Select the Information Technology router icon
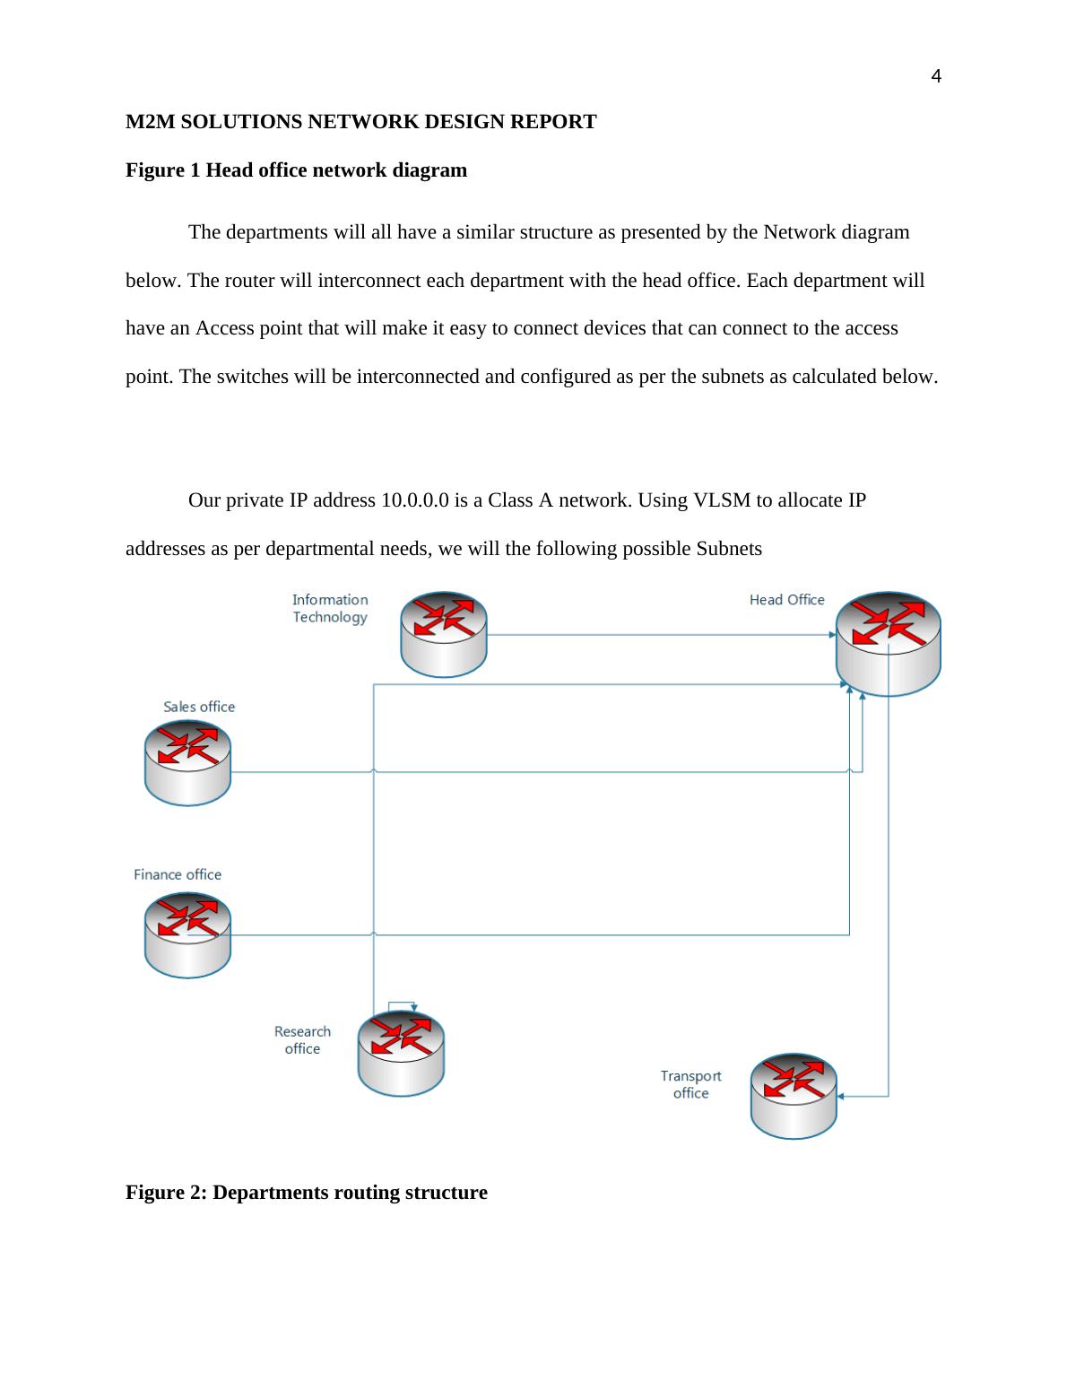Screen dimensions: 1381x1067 click(443, 633)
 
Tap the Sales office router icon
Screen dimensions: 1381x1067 click(187, 762)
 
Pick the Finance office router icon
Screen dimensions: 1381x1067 click(187, 934)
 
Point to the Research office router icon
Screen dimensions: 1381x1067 click(401, 1053)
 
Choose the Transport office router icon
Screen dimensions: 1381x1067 click(794, 1095)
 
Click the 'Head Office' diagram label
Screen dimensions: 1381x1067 click(786, 600)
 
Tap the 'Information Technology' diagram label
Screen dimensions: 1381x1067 click(330, 608)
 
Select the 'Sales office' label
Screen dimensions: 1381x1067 click(199, 707)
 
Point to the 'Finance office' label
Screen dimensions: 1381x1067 click(178, 874)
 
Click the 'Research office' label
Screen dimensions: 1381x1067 click(302, 1040)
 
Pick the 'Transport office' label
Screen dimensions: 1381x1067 click(690, 1084)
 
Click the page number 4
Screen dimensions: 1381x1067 click(936, 77)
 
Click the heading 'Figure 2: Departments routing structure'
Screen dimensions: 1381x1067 click(307, 1193)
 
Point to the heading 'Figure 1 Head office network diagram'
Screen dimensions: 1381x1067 click(296, 170)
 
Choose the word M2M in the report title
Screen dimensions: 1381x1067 click(151, 122)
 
